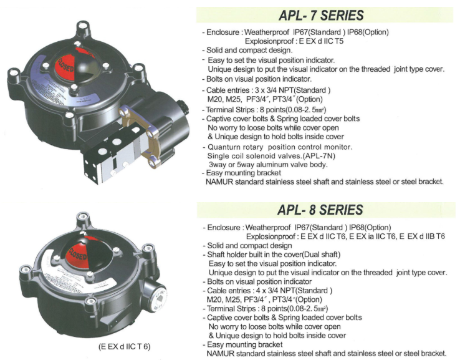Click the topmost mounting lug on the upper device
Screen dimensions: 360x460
84,29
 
